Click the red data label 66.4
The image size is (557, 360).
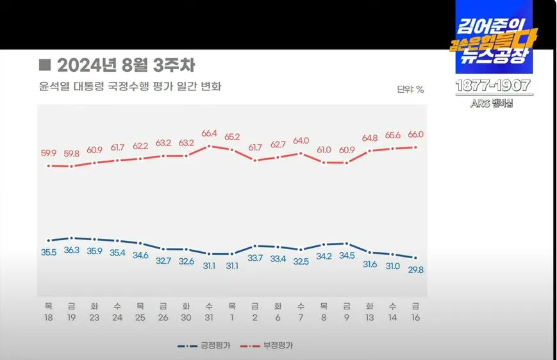209,134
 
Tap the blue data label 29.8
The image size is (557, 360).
415,270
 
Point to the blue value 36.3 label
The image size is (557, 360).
72,250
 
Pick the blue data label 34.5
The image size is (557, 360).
347,256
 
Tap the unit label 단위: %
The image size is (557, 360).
410,90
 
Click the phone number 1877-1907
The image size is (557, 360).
493,86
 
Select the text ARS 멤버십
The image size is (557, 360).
493,104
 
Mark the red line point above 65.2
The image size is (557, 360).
232,149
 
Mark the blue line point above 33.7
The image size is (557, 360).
255,246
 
